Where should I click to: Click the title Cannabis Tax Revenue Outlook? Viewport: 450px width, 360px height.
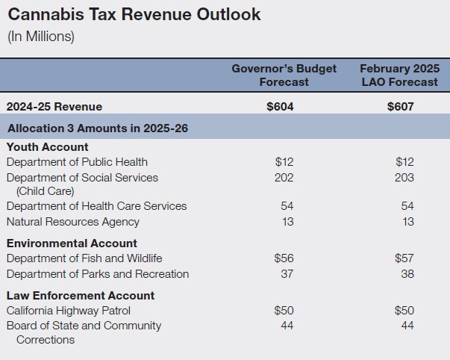(x=134, y=15)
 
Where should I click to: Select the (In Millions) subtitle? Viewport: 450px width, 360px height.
(x=40, y=37)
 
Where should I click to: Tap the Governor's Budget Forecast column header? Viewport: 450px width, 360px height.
(x=284, y=75)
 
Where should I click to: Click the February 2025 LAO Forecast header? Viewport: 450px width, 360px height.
(x=400, y=75)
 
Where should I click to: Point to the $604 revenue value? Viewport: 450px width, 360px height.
(x=280, y=107)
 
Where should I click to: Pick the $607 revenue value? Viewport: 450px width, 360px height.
(x=401, y=107)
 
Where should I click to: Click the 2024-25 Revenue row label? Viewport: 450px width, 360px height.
(x=54, y=107)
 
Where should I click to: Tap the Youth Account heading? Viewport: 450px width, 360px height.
(x=47, y=147)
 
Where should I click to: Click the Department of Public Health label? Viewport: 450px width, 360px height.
(x=77, y=162)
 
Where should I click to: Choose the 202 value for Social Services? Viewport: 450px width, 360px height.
(x=284, y=178)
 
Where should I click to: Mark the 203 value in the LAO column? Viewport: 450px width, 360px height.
(x=404, y=178)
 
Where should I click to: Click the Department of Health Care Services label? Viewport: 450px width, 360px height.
(x=96, y=206)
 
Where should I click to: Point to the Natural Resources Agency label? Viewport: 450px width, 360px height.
(x=72, y=222)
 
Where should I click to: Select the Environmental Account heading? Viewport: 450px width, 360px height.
(x=72, y=243)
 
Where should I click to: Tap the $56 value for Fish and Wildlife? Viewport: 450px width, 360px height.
(x=284, y=258)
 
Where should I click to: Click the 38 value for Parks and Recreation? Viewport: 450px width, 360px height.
(x=407, y=274)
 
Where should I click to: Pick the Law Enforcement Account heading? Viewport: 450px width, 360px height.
(x=81, y=296)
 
